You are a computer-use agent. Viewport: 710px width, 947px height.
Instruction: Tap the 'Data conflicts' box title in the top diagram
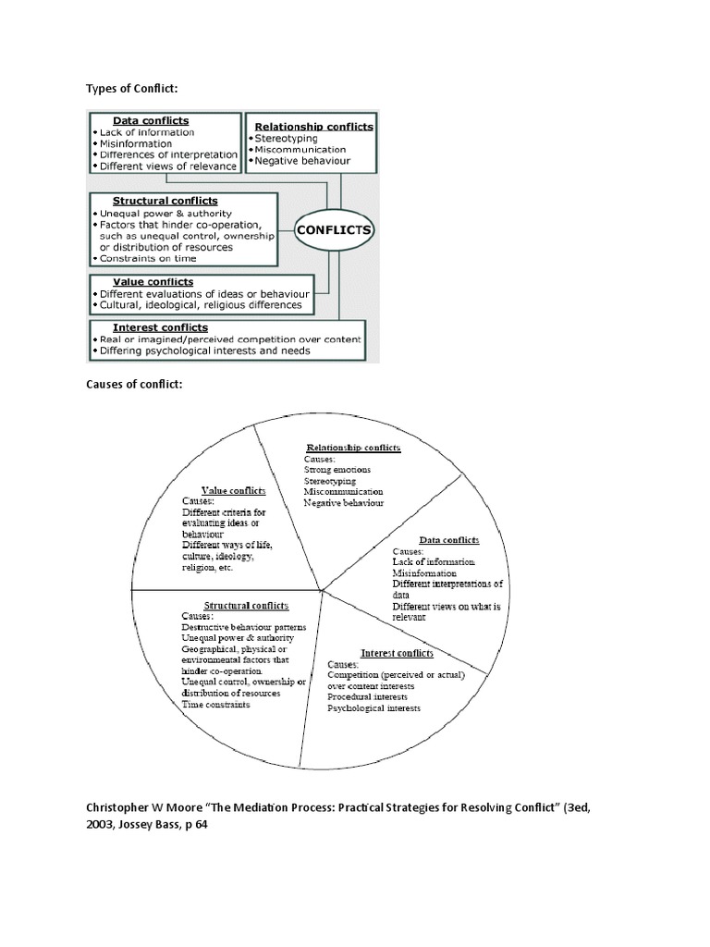[x=151, y=120]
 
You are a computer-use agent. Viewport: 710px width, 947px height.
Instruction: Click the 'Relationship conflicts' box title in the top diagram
[x=313, y=126]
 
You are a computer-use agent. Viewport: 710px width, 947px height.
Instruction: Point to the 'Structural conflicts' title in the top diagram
[x=165, y=201]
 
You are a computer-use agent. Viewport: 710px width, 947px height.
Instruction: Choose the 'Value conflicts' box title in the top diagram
[x=153, y=282]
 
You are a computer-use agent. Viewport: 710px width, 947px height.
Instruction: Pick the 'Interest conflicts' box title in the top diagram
[x=160, y=327]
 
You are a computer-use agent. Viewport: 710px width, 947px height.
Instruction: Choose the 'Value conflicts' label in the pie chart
[x=234, y=490]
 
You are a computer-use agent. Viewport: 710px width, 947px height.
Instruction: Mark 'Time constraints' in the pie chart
[x=215, y=705]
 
